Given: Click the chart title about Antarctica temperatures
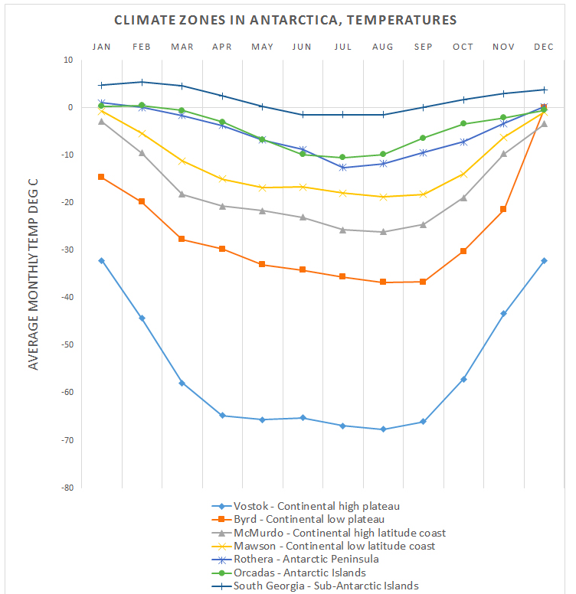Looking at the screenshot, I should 286,20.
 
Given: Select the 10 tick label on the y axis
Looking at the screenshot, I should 67,60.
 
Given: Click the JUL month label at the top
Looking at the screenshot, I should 342,47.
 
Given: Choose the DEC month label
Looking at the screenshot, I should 544,47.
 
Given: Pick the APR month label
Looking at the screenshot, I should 221,47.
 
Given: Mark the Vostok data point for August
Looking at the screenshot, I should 383,429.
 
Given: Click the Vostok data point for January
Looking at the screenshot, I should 101,261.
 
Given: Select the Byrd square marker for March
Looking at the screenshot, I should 182,239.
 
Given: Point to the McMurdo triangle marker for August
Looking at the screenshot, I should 383,231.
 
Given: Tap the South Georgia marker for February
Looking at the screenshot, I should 142,82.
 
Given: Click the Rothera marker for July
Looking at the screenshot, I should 342,167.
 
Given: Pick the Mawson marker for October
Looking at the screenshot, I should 463,174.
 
